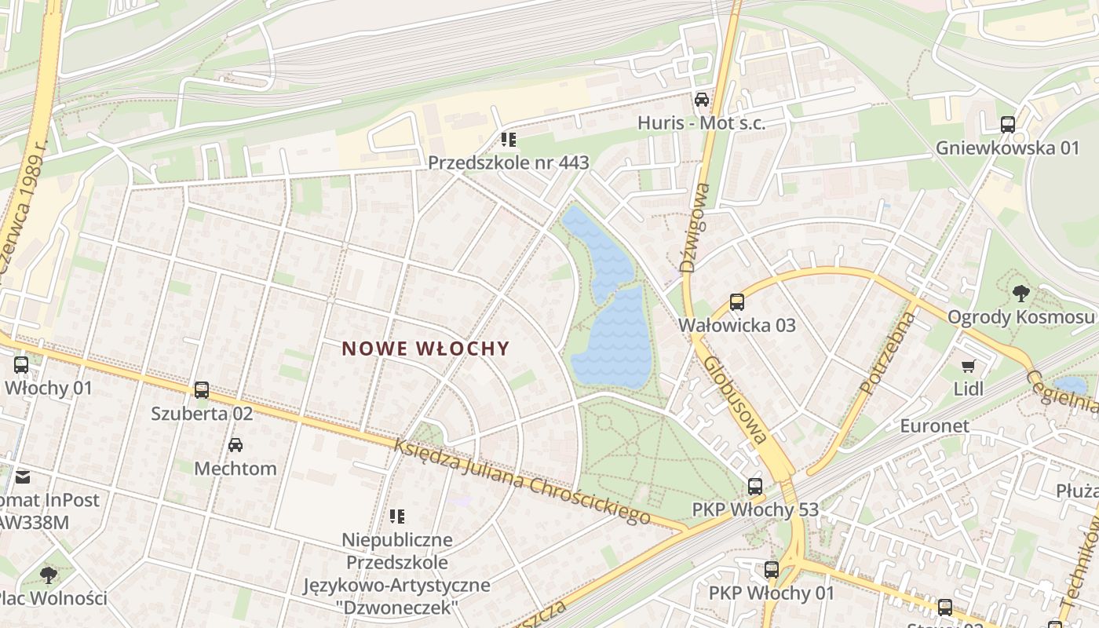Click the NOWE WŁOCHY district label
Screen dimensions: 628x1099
coord(426,349)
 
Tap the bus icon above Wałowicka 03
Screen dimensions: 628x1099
coord(736,302)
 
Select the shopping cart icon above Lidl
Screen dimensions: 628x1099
coord(969,366)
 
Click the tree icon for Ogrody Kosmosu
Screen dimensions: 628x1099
coord(1020,294)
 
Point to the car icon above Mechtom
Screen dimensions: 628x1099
coord(235,445)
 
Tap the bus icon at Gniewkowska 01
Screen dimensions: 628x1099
coord(1007,125)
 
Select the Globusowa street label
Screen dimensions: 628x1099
coord(735,400)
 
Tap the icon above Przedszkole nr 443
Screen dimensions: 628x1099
coord(508,140)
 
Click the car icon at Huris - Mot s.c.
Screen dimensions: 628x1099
coord(701,100)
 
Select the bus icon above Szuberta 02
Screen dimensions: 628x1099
coord(202,389)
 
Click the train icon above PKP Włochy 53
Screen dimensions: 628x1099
coord(754,487)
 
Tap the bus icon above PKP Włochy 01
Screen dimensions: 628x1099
coord(772,570)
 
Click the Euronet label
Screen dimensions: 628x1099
coord(934,426)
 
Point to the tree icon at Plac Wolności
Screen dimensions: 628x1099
coord(49,575)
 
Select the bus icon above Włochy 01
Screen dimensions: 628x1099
coord(21,364)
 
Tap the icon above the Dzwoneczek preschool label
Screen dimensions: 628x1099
coord(397,517)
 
